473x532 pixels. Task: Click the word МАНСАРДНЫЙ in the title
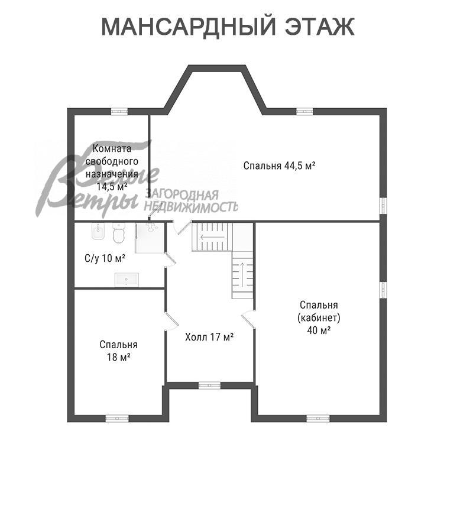click(189, 27)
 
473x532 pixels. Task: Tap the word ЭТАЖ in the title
click(320, 27)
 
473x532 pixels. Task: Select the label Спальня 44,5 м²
click(280, 166)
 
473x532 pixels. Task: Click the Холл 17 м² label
click(209, 338)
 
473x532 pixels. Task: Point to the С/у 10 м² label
click(105, 258)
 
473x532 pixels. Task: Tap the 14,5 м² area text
click(112, 187)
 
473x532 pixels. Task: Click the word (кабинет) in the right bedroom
click(319, 317)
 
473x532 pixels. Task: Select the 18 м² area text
click(119, 357)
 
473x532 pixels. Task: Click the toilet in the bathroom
click(118, 233)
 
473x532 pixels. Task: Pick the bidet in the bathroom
click(98, 232)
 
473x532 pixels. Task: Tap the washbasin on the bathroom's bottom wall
click(127, 279)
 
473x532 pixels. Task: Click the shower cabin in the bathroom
click(150, 238)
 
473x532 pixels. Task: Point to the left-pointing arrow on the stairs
click(212, 237)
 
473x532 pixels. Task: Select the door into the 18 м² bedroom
click(171, 321)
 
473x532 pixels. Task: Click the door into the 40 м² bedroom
click(249, 319)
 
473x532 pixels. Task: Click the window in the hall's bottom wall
click(209, 385)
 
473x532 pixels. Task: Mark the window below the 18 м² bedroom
click(117, 419)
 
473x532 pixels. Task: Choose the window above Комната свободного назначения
click(119, 111)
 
